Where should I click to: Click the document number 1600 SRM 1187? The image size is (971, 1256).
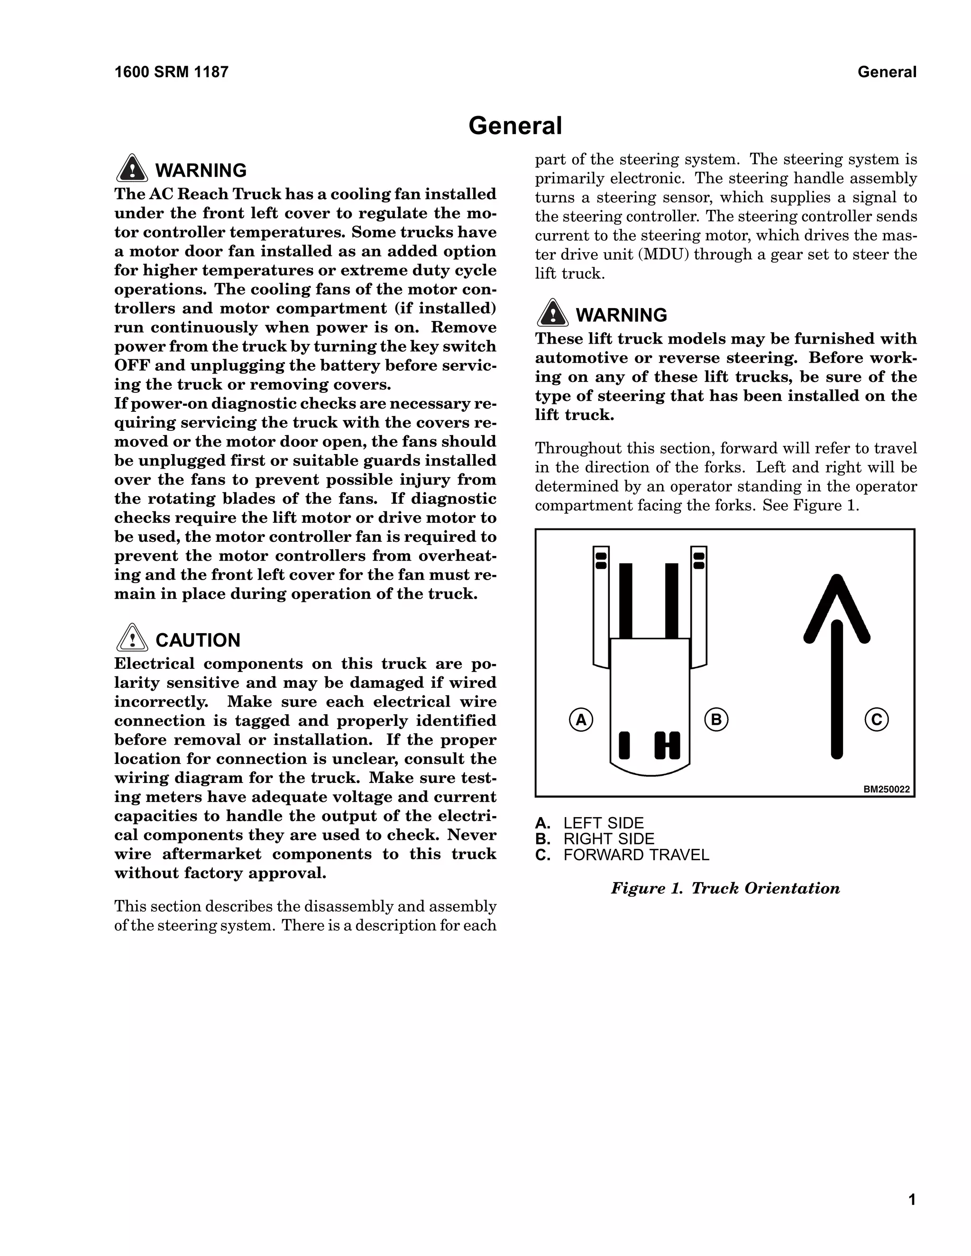coord(172,72)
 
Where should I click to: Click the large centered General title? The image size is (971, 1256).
coord(515,126)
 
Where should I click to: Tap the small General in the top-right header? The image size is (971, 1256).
coord(887,72)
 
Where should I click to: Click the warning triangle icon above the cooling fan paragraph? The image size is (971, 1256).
coord(132,169)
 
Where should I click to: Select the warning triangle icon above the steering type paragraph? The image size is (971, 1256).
coord(552,313)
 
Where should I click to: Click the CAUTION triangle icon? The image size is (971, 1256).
coord(132,638)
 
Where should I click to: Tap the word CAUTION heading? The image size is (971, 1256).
coord(198,640)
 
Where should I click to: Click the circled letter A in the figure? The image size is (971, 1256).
coord(581,719)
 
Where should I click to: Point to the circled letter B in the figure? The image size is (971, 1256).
coord(716,719)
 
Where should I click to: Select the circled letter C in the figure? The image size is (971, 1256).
coord(877,719)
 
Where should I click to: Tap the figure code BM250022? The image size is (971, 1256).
coord(887,790)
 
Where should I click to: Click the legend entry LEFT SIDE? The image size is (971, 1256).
coord(604,823)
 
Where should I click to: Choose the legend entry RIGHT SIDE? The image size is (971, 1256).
coord(609,839)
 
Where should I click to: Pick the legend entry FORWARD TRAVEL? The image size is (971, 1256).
coord(636,855)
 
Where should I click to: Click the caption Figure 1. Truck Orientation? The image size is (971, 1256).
coord(725,889)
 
